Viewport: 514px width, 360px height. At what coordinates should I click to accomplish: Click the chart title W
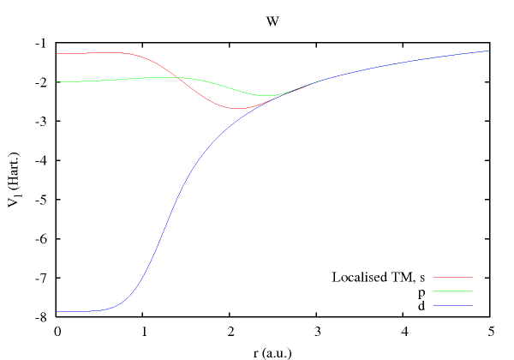(x=272, y=21)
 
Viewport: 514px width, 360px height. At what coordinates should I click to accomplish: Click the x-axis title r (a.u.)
(x=272, y=350)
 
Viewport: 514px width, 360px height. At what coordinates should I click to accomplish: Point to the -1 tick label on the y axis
(x=41, y=43)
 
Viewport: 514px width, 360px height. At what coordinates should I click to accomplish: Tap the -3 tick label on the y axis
(x=41, y=121)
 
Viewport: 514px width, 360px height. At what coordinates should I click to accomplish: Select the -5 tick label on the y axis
(x=41, y=199)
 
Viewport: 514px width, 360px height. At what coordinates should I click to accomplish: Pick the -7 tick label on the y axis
(x=41, y=277)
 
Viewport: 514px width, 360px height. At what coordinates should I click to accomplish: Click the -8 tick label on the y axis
(x=41, y=316)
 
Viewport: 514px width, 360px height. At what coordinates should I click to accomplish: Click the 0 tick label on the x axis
(x=57, y=330)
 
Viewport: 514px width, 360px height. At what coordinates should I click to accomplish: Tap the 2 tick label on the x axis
(x=230, y=330)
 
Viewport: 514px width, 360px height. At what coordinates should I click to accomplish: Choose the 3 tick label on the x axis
(x=316, y=330)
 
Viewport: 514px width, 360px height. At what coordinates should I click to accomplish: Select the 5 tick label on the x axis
(x=488, y=330)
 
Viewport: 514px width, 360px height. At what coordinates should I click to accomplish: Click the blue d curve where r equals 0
(x=57, y=311)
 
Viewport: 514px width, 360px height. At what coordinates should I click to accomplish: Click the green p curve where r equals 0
(x=57, y=82)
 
